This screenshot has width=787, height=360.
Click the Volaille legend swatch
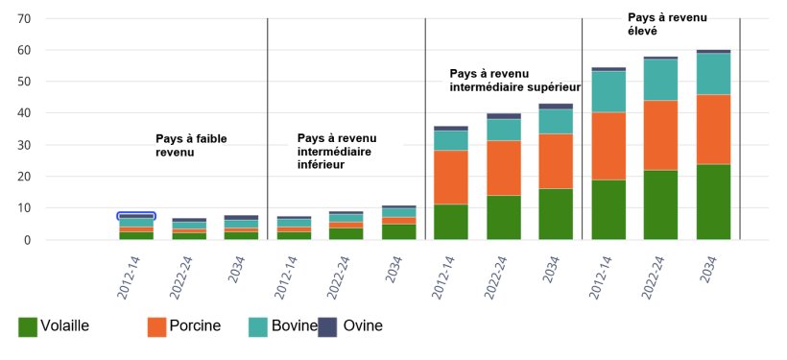click(28, 326)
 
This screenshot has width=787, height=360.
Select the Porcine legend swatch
click(157, 326)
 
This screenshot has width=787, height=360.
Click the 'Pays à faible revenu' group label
click(192, 145)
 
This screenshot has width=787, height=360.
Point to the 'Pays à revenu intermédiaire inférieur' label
click(337, 151)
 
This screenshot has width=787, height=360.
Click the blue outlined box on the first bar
click(136, 216)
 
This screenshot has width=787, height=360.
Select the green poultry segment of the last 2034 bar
click(713, 202)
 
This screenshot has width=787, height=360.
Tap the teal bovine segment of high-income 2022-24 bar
click(660, 80)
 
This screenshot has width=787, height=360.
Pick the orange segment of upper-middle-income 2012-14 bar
click(451, 178)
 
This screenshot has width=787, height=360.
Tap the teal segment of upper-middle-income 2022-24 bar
click(504, 130)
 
